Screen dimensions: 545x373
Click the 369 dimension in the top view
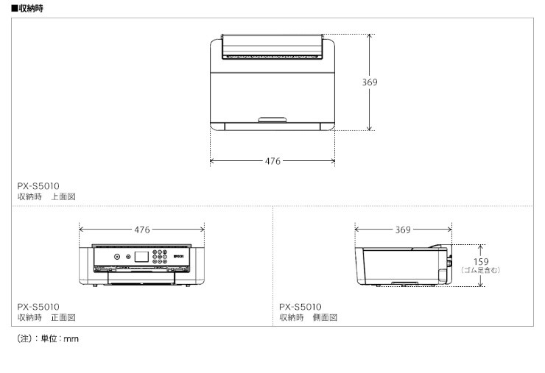tap(370, 82)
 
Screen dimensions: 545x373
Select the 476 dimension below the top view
tap(272, 161)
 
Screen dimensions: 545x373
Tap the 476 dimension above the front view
tap(142, 230)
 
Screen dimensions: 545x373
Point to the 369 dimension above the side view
tap(403, 230)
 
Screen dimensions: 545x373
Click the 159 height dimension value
tap(481, 261)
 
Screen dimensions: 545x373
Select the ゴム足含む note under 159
tap(481, 270)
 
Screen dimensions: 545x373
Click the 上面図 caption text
tap(63, 196)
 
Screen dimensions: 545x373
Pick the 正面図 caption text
tap(63, 317)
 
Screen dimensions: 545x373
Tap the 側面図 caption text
tap(325, 317)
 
